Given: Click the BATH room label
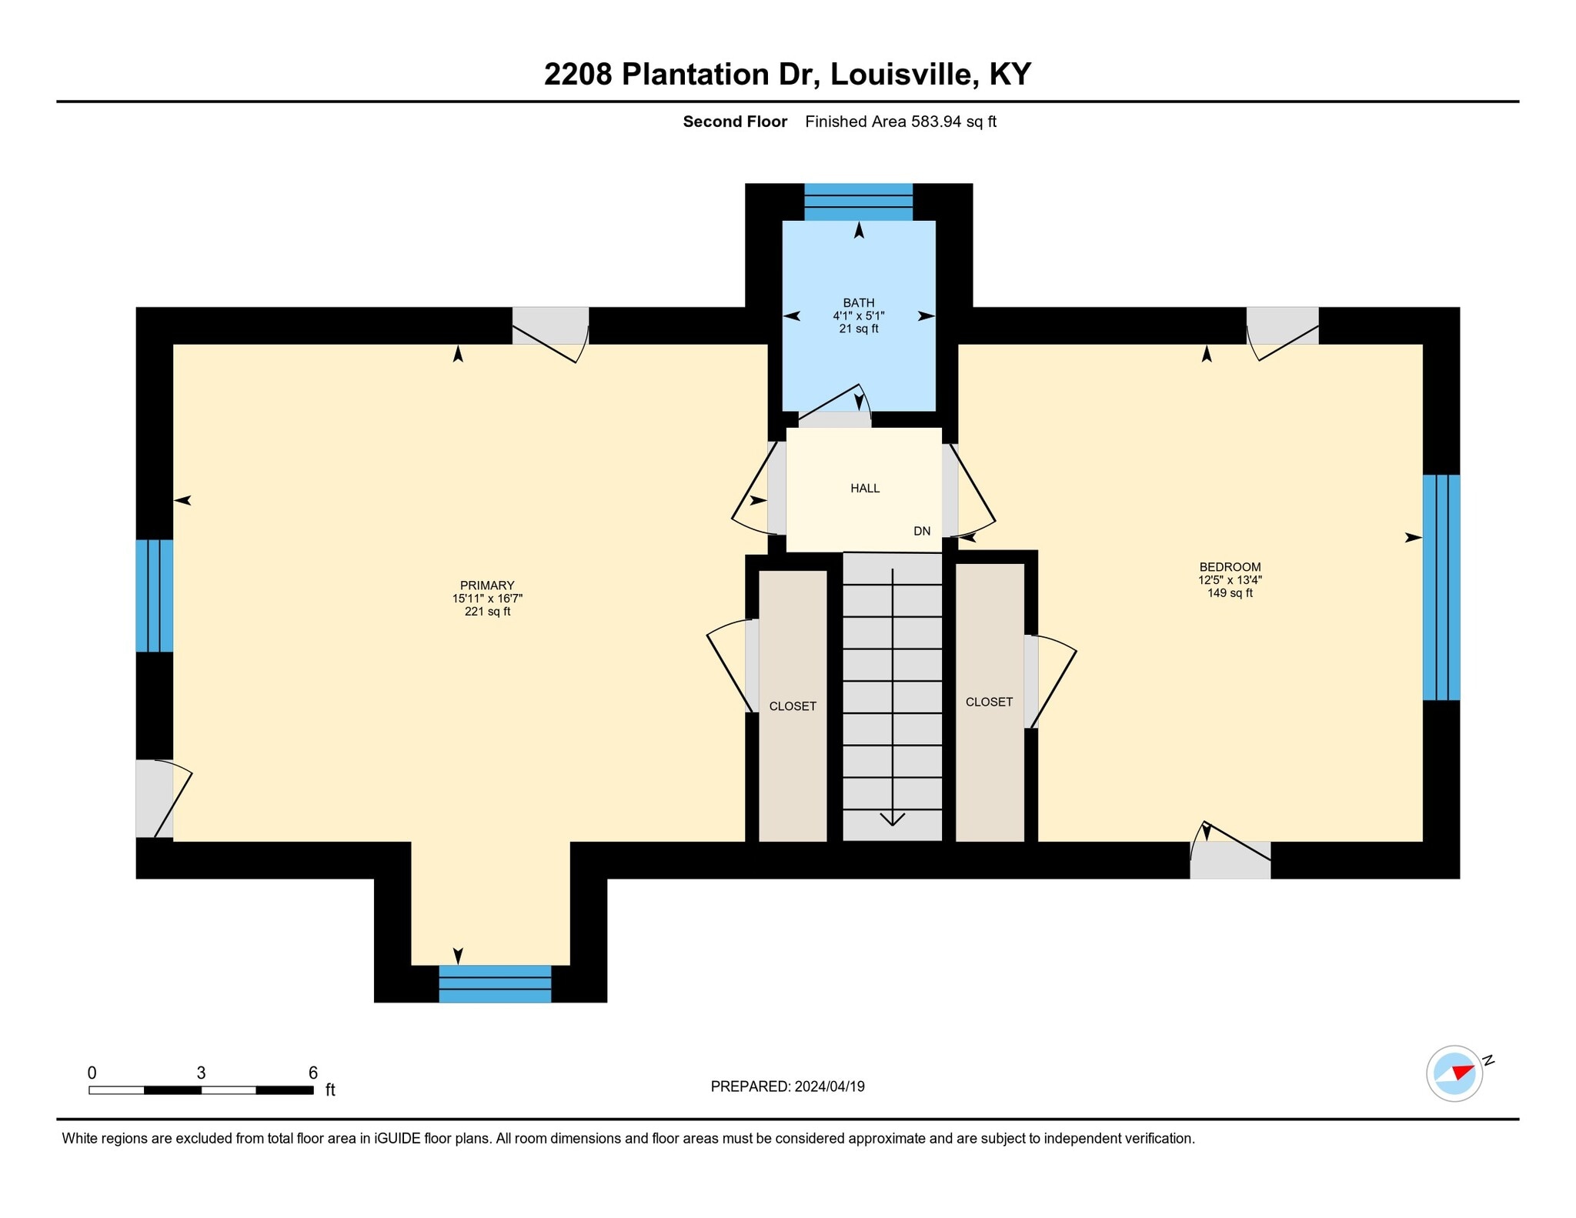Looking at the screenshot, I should point(858,302).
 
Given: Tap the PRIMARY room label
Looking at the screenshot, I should point(486,586).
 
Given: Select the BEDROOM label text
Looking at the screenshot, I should point(1229,567).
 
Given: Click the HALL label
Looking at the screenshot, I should point(864,488).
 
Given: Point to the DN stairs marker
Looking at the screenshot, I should point(921,531).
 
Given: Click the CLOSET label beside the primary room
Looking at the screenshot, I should point(792,706).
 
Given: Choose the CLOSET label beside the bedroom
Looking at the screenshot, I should point(988,702).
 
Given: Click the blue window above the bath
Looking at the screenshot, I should point(858,202).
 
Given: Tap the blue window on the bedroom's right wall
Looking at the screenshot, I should point(1440,587).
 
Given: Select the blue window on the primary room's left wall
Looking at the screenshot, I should point(154,596).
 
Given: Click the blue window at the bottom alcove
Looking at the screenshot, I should point(494,983).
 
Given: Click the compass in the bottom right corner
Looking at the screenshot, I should point(1454,1073).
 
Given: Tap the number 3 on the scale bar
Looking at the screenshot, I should point(201,1073).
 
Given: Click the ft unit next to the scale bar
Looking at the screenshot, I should point(330,1090).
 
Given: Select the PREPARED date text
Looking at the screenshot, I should point(786,1086).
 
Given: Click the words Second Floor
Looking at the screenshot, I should point(734,122).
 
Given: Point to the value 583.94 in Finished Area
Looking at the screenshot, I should point(936,122).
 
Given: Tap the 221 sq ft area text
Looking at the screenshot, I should point(486,612).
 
